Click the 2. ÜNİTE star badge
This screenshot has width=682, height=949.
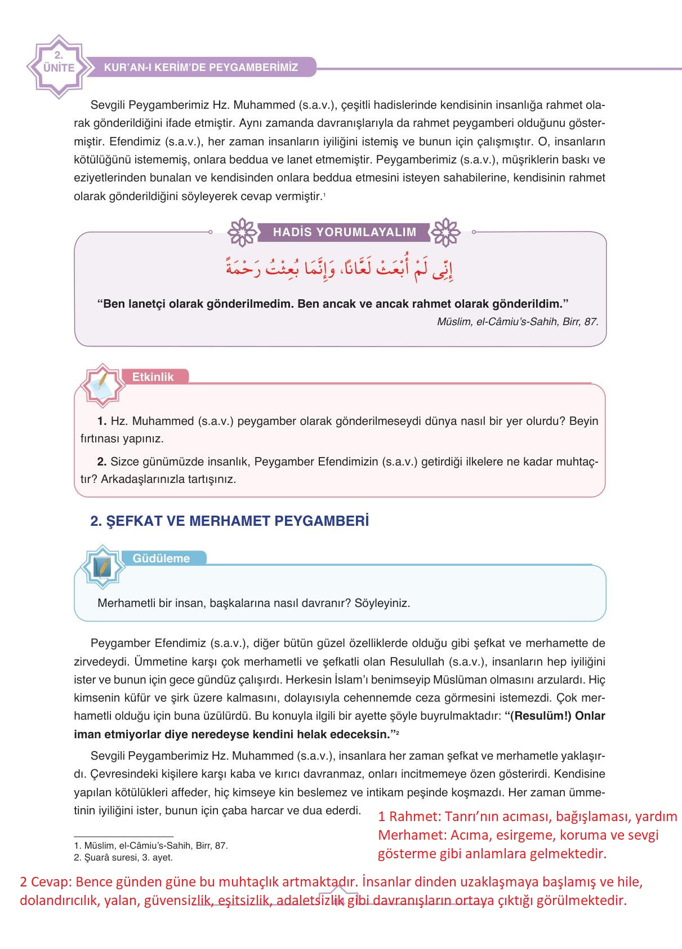point(59,66)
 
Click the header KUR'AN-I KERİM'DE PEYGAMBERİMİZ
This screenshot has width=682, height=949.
point(200,68)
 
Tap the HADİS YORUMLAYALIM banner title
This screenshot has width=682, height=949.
point(344,232)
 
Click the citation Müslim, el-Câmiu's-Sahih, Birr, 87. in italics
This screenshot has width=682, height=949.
point(517,322)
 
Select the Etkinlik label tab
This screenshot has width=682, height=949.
point(153,377)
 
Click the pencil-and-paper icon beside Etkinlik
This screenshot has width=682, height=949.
point(102,385)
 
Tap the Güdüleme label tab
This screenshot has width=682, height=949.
point(161,558)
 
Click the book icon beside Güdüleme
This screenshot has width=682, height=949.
point(102,566)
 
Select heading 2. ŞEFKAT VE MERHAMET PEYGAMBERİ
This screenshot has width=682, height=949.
point(229,521)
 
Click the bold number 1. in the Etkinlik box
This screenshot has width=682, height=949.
point(102,421)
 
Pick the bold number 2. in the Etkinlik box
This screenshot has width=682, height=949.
point(102,462)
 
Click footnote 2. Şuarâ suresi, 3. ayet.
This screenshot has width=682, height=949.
point(123,858)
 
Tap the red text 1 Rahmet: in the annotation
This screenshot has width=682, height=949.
point(410,816)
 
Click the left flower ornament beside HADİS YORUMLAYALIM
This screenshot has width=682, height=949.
point(242,232)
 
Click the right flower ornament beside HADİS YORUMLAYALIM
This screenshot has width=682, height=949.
point(445,232)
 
